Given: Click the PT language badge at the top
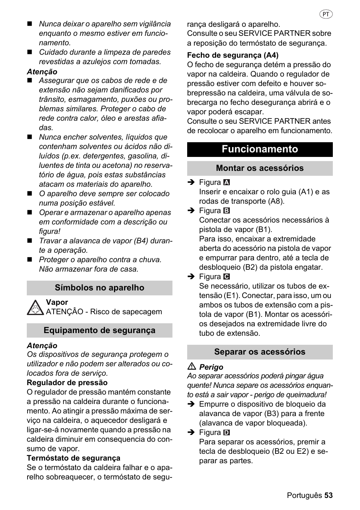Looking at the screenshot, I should coord(326,14).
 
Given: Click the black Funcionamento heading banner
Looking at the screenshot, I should coord(260,149).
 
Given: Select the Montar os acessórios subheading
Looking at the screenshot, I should coord(260,168).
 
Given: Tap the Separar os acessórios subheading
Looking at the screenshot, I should coord(260,352).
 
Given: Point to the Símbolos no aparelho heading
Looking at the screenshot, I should coord(99,288).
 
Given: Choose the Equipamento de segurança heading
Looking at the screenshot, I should coord(99,330).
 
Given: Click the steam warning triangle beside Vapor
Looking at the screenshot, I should coord(35,308).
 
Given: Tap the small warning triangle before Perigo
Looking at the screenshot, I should coord(192,367).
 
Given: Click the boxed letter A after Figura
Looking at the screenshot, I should coord(226,183).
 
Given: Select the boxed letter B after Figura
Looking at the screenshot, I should coord(226,211).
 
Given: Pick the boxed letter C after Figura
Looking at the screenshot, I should coord(226,277).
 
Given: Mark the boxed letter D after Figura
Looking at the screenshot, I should coord(226,433).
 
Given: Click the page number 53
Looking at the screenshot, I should coord(328,495).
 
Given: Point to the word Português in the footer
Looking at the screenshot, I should coord(304,495).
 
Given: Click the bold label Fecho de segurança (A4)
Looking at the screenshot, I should coord(232,55).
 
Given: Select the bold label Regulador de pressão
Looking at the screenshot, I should coord(67,382).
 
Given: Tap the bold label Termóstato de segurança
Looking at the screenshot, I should coord(73,458).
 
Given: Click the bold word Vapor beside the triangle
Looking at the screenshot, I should coord(57,302).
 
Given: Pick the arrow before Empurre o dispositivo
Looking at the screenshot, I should coord(191,404).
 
